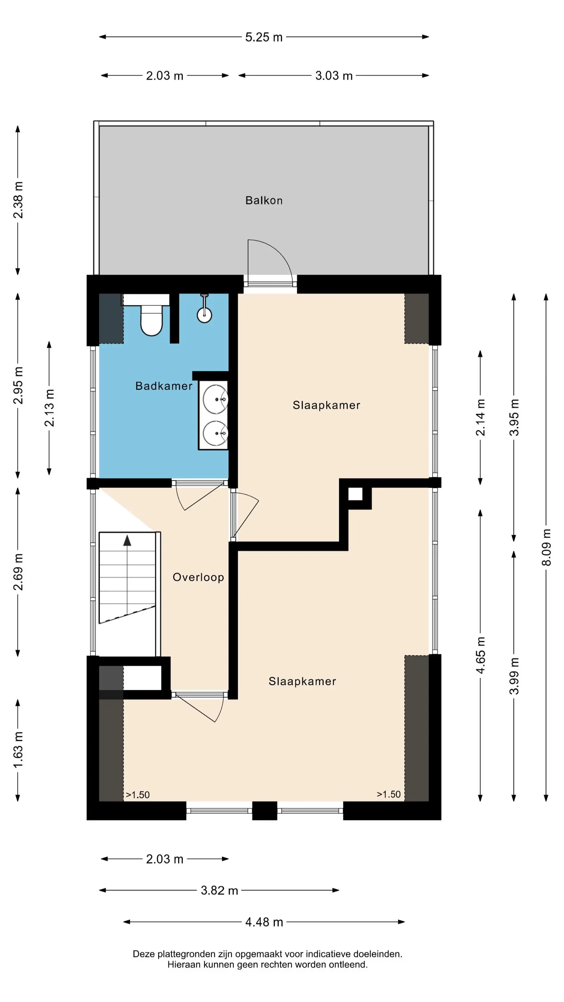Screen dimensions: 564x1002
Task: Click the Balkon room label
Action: [x=264, y=200]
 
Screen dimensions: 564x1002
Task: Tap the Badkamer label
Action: [x=164, y=386]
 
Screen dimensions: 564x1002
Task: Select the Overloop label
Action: [x=198, y=577]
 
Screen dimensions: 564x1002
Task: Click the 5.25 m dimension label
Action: [x=264, y=37]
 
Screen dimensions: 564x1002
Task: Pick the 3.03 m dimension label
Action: [x=333, y=75]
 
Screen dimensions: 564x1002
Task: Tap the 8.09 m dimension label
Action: [x=546, y=547]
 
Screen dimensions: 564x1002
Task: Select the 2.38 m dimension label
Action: [x=18, y=200]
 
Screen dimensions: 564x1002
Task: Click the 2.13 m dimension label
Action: [x=49, y=408]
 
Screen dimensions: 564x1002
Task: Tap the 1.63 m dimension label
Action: [x=18, y=750]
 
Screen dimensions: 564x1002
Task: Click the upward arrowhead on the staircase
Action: [x=127, y=540]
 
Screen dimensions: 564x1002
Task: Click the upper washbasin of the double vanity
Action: [x=215, y=399]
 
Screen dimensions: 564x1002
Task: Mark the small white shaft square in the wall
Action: [x=355, y=494]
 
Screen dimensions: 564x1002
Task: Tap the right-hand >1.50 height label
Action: [x=389, y=794]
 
